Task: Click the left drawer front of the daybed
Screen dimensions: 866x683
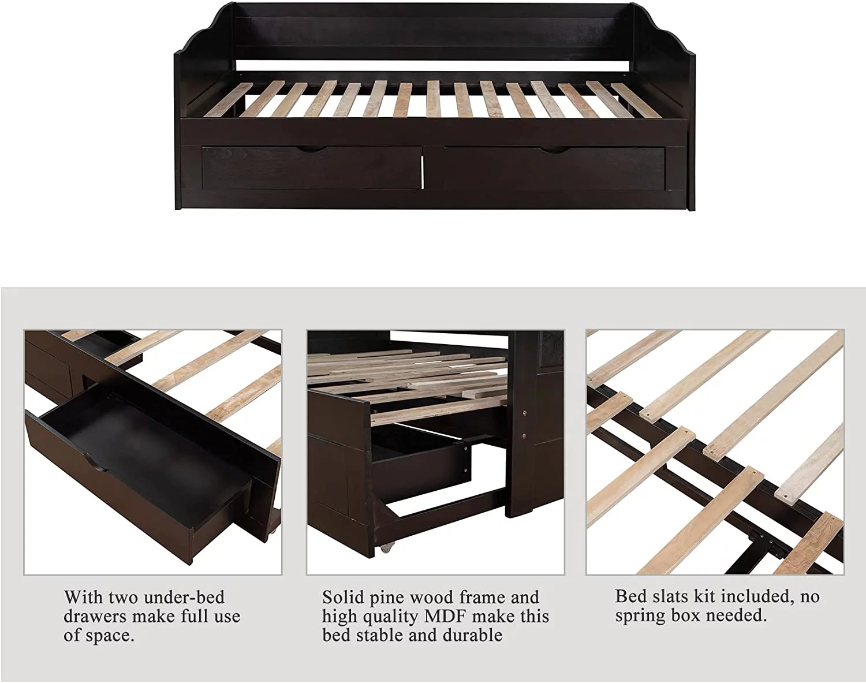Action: click(x=311, y=168)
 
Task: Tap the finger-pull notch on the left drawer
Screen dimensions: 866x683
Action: click(x=311, y=150)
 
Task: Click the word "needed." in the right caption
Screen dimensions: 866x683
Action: click(x=736, y=616)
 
